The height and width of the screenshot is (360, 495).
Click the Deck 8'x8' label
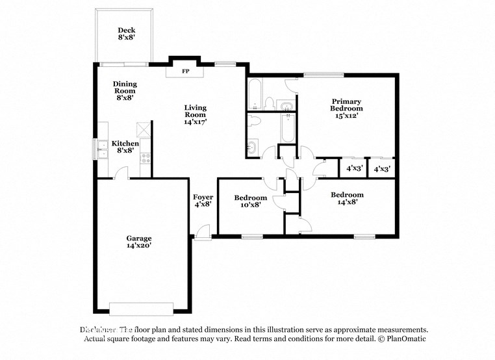[126, 34]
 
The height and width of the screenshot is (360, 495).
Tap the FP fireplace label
[185, 71]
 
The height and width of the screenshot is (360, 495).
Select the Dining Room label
[125, 91]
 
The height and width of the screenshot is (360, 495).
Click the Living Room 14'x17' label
[195, 114]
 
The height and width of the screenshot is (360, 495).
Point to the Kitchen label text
[125, 143]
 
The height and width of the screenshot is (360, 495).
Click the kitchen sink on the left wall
[101, 149]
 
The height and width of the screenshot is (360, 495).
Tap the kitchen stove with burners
[146, 157]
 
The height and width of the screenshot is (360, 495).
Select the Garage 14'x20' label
[139, 242]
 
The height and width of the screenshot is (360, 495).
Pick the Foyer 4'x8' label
[203, 201]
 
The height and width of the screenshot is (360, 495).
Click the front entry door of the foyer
[203, 232]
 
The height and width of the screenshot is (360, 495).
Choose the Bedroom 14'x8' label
[347, 198]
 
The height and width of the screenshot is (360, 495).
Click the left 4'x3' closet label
[353, 168]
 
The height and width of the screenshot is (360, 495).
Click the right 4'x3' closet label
[381, 168]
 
